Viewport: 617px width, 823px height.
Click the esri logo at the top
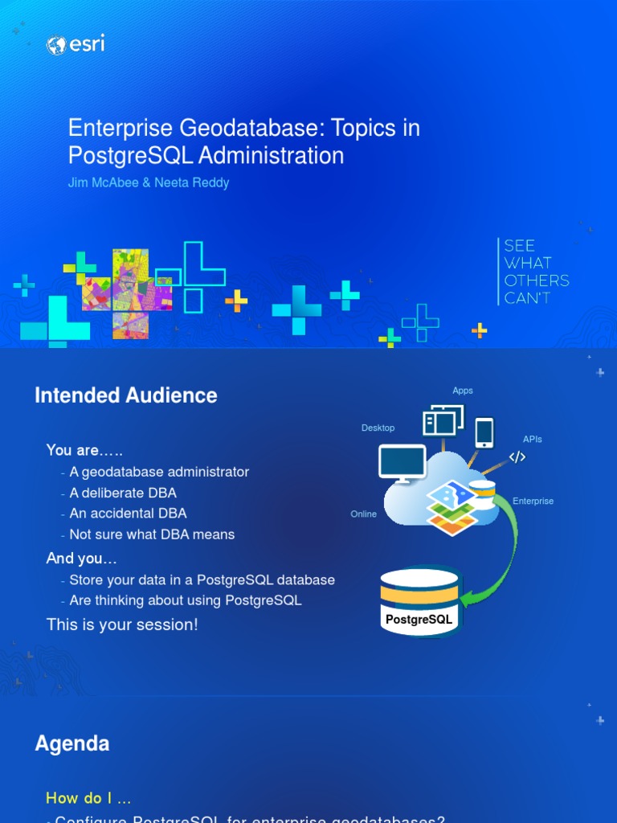coord(76,45)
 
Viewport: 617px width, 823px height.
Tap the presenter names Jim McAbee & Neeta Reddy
coord(149,182)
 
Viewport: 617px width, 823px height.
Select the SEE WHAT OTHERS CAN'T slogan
coord(536,272)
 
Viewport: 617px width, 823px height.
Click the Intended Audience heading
coord(125,395)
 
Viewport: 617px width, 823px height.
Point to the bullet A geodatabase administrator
coord(159,472)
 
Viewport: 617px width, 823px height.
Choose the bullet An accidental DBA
coord(128,513)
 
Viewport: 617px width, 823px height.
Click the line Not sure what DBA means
coord(152,534)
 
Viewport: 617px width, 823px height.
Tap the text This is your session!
coord(122,624)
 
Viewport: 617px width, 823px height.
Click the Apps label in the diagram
coord(463,391)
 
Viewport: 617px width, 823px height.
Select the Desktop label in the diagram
coord(378,428)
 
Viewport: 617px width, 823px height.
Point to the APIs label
coord(533,440)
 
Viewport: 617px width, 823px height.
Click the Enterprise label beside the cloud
coord(533,502)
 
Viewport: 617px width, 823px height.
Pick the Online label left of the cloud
coord(363,514)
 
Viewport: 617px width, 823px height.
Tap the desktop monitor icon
coord(402,464)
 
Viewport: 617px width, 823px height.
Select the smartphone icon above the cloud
coord(484,432)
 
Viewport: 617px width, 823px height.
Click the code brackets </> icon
coord(517,457)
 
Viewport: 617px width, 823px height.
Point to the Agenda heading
coord(72,743)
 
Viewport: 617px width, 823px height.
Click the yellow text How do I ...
coord(88,798)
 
